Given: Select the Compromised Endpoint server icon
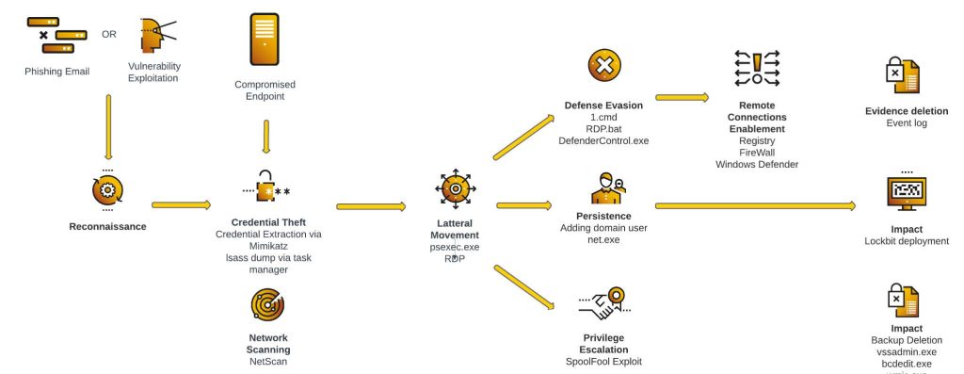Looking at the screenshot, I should coord(265,39).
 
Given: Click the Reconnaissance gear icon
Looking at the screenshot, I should coord(107,190).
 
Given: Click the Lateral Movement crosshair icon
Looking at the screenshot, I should coord(454,189).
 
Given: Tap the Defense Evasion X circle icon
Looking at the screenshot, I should coord(604,66).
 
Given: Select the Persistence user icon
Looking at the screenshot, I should coord(607,188).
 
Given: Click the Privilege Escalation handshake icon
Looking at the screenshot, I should coord(603,302).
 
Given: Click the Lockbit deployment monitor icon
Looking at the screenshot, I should coord(907,194).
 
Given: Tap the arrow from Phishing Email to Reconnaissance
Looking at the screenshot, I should coord(108,127).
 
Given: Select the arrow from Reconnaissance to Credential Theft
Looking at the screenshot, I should coord(181,203).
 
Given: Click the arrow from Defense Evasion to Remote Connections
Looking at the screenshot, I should coord(682,96).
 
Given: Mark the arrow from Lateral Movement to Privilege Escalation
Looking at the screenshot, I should coord(523,287).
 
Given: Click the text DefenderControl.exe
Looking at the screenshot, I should coord(603,140).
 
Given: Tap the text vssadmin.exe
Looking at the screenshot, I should coord(906,351).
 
